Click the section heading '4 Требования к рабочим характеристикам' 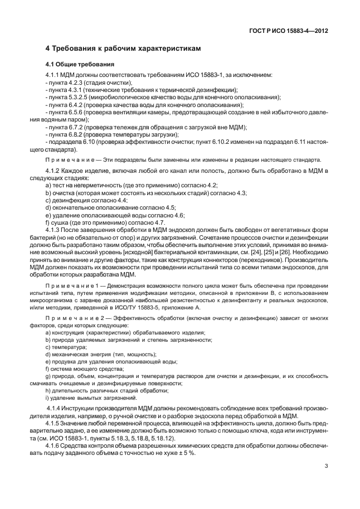click(x=123, y=49)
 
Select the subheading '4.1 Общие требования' click(x=80, y=64)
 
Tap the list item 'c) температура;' click(x=66, y=347)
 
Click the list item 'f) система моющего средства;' click(x=82, y=369)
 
